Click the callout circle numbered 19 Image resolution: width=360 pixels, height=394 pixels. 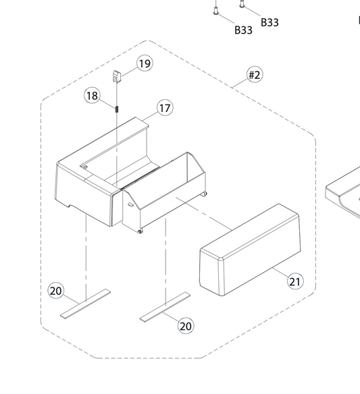(x=145, y=63)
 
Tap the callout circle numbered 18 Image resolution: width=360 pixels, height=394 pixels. (x=92, y=96)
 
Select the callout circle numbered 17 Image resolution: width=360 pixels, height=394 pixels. (x=165, y=108)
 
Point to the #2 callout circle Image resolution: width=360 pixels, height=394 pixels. (x=255, y=75)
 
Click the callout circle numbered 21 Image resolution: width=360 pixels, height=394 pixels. (x=295, y=281)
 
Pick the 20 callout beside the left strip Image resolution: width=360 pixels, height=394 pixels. (x=56, y=291)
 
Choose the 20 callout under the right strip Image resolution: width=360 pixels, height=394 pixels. (x=186, y=326)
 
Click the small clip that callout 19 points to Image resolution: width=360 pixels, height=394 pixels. (x=117, y=76)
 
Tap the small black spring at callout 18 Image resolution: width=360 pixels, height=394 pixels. (x=117, y=109)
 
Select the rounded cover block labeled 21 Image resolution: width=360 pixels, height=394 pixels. (x=250, y=250)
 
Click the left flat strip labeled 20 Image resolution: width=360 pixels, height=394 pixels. (x=85, y=304)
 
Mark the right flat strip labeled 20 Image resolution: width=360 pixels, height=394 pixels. (x=165, y=307)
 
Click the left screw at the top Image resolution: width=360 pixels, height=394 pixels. (x=215, y=10)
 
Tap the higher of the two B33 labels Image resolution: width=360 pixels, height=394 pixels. (x=269, y=22)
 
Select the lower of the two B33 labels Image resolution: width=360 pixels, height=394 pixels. (x=244, y=30)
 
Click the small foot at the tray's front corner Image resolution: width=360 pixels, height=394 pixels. (x=140, y=231)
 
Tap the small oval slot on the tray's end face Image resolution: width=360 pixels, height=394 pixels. (x=130, y=205)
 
